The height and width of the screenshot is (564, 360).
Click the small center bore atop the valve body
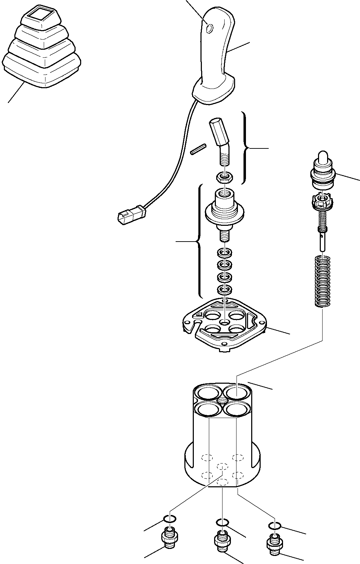[x=222, y=400]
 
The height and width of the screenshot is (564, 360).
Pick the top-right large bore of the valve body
[x=237, y=392]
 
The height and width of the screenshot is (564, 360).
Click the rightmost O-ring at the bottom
[x=275, y=526]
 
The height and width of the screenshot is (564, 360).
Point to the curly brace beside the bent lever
[x=246, y=148]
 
